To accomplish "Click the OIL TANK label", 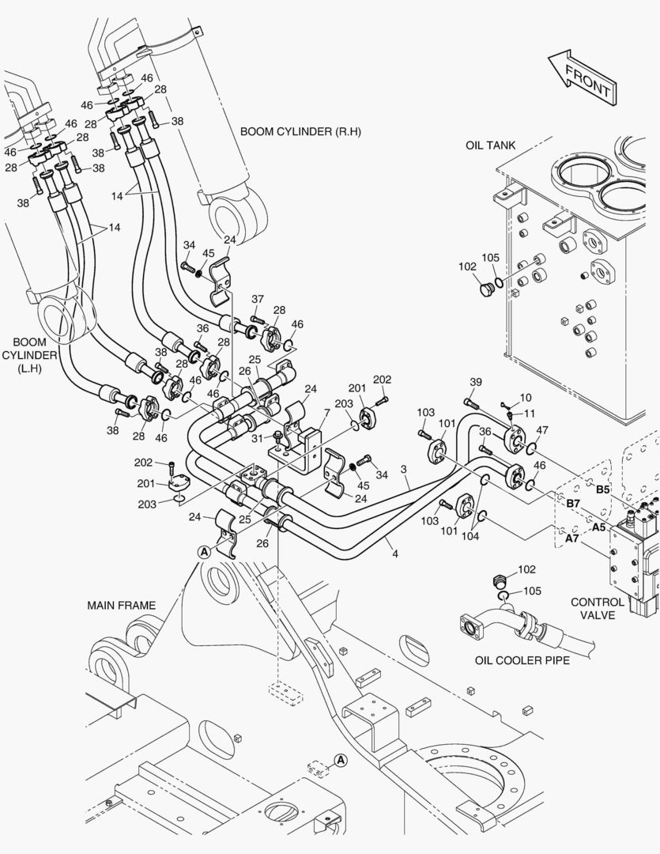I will coord(490,145).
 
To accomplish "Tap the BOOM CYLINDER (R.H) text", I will coord(300,131).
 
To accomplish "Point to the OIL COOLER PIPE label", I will coord(522,659).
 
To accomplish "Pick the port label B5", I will coord(602,489).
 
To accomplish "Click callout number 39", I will coord(475,383).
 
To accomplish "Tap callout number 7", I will coord(526,398).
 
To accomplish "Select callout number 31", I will coord(257,439).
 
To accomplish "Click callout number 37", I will coord(258,299).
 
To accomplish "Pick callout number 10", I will coord(526,398).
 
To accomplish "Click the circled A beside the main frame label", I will coord(204,551).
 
